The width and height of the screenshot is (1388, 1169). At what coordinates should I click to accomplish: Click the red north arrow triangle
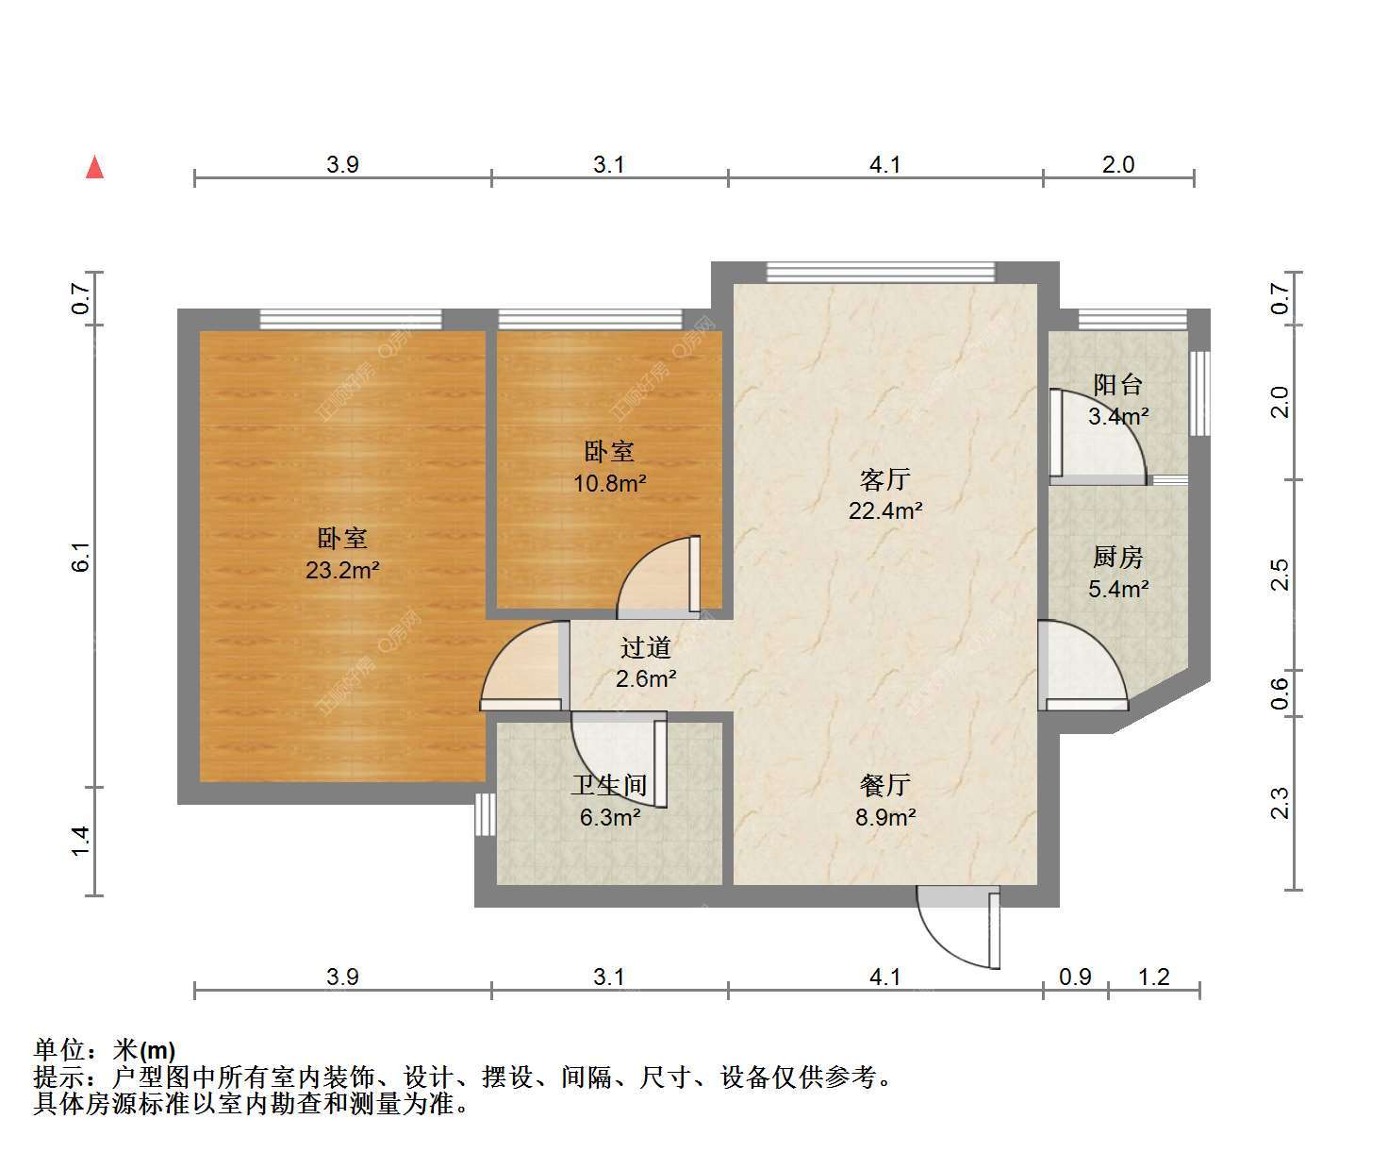tap(95, 168)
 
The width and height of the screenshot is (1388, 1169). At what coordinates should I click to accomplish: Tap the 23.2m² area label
tap(342, 570)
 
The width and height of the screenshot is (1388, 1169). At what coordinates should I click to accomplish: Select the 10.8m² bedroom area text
tap(609, 483)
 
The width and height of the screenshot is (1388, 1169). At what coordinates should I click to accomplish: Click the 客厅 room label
tap(884, 479)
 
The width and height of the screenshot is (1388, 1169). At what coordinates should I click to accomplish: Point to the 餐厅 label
tap(884, 786)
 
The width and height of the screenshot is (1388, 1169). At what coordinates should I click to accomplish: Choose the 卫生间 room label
tap(609, 786)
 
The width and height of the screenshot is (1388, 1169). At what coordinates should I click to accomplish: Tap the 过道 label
tap(646, 647)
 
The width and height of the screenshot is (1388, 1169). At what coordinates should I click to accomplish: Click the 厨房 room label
tap(1118, 558)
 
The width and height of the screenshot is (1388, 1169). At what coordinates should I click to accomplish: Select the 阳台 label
tap(1118, 385)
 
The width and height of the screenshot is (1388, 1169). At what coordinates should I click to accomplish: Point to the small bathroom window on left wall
tap(486, 813)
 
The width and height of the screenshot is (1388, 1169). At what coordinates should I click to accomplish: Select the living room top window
tap(881, 272)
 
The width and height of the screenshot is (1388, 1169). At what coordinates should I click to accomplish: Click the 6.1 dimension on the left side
tap(80, 557)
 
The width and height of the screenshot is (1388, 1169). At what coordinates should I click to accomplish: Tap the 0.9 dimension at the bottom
tap(1075, 977)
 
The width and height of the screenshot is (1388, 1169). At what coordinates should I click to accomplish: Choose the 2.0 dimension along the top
tap(1118, 164)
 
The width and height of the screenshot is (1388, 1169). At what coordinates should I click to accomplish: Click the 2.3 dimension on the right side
tap(1280, 803)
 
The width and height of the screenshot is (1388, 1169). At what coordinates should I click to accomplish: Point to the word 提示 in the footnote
tap(59, 1077)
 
